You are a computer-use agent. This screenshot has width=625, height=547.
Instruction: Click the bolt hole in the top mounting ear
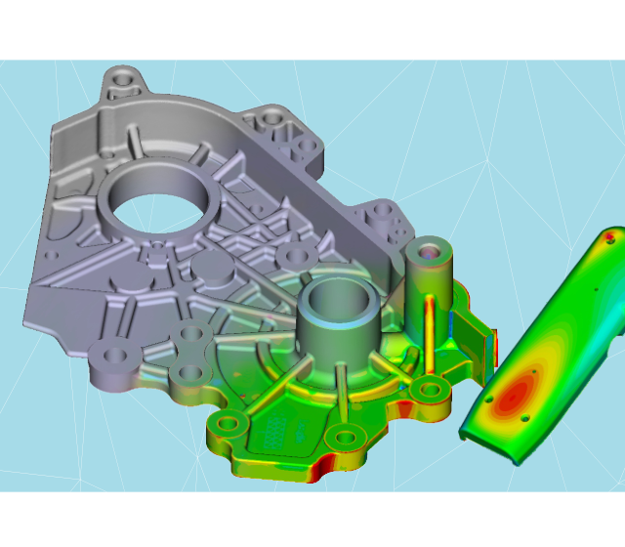click(x=123, y=75)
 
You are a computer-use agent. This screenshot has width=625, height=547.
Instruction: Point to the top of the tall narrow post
click(x=428, y=255)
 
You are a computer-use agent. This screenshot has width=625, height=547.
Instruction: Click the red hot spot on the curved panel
click(x=515, y=391)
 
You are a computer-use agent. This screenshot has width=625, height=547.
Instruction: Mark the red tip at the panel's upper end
click(x=610, y=235)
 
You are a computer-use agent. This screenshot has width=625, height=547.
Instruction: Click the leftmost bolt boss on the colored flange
click(x=230, y=425)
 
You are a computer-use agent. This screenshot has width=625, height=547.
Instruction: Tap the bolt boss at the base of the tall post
click(x=427, y=392)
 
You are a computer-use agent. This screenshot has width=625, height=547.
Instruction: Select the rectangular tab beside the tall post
click(x=479, y=337)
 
